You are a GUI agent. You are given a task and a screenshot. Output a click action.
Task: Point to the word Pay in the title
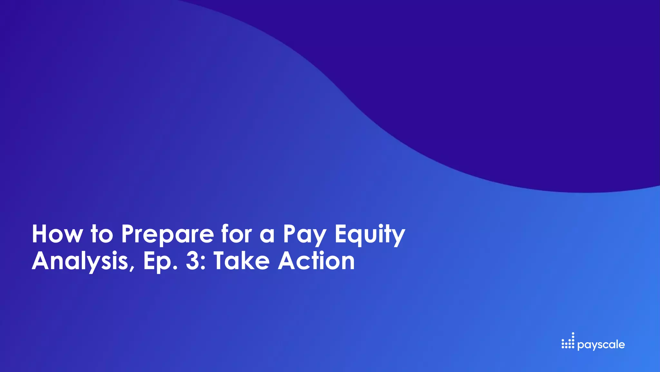click(305, 235)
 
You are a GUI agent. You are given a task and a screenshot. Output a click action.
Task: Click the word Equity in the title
click(370, 235)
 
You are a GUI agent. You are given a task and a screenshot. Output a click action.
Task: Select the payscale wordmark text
click(601, 345)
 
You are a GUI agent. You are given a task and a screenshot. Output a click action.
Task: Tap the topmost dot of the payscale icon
click(573, 333)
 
